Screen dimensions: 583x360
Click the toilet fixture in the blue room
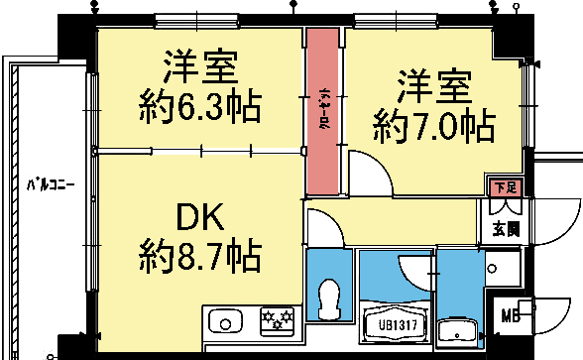pos(330,295)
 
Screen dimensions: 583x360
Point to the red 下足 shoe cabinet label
pos(506,185)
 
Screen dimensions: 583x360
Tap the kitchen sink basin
pos(225,322)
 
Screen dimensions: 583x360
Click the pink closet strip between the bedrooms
pos(322,111)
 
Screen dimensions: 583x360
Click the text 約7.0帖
pos(433,126)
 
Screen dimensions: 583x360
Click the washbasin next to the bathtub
pos(458,333)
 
